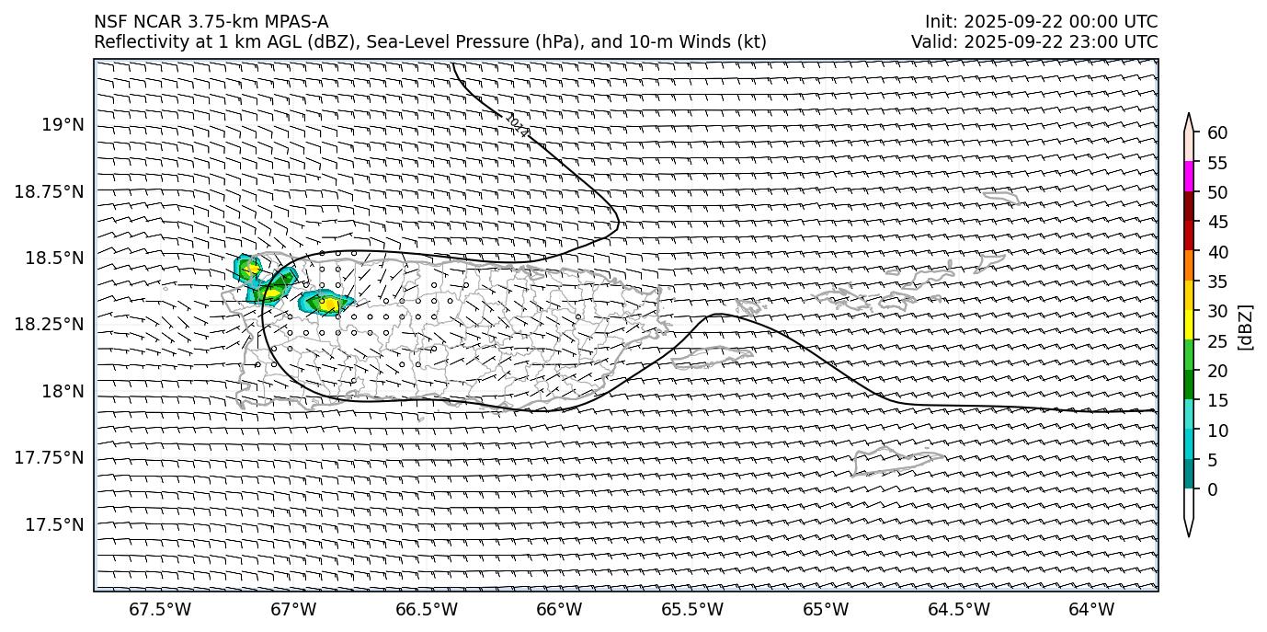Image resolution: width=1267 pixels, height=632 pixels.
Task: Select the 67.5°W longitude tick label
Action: tap(161, 609)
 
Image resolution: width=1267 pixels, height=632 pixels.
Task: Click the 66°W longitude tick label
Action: tap(559, 609)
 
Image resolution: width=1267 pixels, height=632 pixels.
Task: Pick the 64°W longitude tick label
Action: tap(1091, 609)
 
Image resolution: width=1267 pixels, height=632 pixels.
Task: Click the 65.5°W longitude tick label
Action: tap(692, 609)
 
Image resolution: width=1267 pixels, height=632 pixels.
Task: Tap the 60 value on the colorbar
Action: tap(1217, 132)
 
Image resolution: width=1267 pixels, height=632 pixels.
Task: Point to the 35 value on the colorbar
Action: tap(1217, 281)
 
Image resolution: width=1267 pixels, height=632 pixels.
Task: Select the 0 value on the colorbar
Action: tap(1213, 488)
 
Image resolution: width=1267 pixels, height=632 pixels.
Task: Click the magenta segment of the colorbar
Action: tap(1189, 177)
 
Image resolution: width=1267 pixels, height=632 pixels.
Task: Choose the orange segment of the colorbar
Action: tap(1189, 266)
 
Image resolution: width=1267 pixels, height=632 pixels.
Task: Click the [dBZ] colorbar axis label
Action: tap(1246, 327)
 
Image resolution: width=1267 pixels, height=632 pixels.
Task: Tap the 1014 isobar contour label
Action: tap(518, 125)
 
